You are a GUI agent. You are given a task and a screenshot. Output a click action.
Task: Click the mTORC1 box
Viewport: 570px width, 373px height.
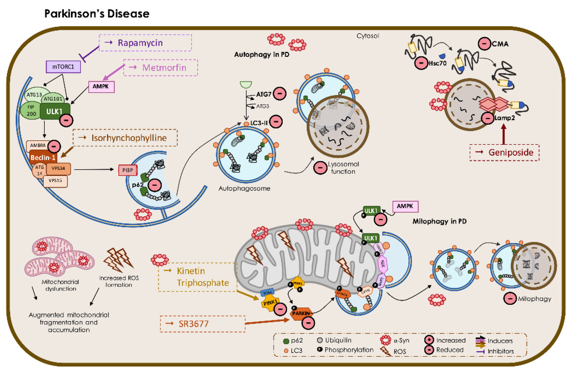[63, 67]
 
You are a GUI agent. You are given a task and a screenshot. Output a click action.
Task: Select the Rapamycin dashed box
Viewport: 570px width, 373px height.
[145, 43]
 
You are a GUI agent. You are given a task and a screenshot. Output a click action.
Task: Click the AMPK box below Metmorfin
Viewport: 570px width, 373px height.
[101, 87]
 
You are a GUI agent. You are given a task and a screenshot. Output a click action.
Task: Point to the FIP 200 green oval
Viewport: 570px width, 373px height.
[31, 111]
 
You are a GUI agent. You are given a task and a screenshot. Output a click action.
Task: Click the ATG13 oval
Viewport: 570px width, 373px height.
[35, 95]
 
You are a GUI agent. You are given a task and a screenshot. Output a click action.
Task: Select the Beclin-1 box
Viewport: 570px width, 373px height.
[43, 158]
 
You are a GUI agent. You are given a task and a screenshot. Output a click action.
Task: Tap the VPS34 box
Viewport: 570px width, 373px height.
[58, 168]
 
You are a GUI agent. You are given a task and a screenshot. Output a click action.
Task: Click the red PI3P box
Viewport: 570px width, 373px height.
[128, 170]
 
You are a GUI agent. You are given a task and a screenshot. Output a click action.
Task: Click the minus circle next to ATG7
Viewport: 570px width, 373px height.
[280, 94]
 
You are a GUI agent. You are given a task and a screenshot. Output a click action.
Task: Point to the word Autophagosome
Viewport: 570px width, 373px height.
[244, 189]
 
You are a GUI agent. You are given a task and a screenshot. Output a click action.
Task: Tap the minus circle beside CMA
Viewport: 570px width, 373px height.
[484, 44]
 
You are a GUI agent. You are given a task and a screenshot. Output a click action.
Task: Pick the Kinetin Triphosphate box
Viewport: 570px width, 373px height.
[198, 277]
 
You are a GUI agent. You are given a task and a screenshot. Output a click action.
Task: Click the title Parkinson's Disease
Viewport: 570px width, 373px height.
[97, 14]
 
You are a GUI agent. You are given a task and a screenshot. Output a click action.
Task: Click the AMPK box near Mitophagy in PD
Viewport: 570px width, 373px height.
[405, 206]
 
